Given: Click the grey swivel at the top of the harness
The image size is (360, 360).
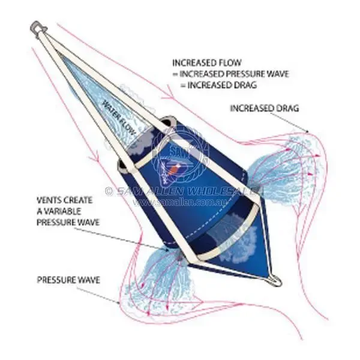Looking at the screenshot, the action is coord(38,28).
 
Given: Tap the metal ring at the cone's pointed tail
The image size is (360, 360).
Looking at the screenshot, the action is coord(275,280).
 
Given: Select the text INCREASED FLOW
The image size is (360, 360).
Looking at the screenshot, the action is coord(207,62).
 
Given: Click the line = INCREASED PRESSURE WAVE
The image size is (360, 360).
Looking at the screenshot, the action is coord(231,74).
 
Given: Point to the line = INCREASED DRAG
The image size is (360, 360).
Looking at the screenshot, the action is coord(218,85).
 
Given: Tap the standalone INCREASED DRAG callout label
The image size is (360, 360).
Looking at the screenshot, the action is coord(265,108).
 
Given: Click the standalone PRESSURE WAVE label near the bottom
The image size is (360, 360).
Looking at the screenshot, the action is coord(68,280).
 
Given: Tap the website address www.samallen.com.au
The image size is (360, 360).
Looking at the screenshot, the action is coord(179,202).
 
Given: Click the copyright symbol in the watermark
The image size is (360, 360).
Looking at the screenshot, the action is coord(109,191).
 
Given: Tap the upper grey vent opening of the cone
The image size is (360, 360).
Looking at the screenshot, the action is coord(169,122).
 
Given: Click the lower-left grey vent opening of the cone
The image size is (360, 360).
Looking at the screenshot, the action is coord(124,166).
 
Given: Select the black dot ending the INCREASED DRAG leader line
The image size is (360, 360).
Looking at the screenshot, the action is coord(307,132).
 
